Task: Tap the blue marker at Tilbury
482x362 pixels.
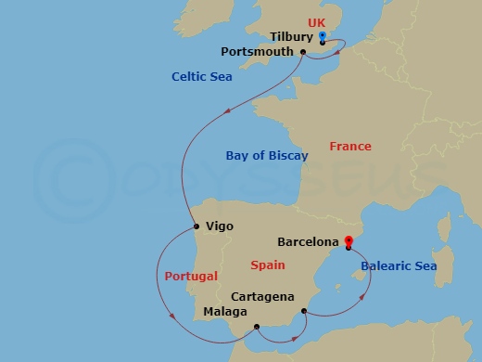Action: (x=322, y=36)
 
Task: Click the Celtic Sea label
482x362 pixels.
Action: (x=200, y=77)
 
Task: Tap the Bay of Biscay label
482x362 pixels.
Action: (x=267, y=156)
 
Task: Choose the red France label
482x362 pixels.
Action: (x=350, y=147)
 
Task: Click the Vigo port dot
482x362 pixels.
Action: (x=197, y=226)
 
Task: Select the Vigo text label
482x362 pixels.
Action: (x=220, y=226)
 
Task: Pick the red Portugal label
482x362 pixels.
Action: (x=191, y=277)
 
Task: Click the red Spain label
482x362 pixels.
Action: (x=267, y=265)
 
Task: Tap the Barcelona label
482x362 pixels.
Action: (x=308, y=242)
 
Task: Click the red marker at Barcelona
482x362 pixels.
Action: (x=348, y=243)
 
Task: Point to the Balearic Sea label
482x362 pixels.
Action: (x=398, y=266)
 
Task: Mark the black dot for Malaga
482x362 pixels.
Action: (x=257, y=326)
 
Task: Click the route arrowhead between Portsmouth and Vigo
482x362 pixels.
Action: (x=228, y=110)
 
